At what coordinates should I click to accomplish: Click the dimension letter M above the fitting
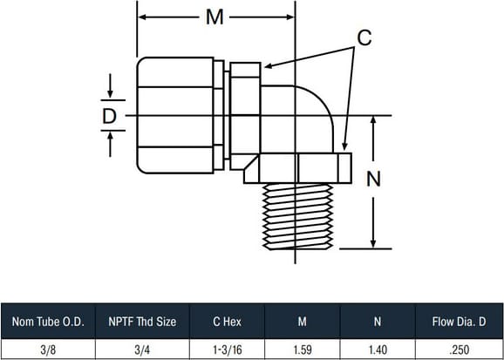[215, 17]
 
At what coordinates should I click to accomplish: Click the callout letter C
[364, 37]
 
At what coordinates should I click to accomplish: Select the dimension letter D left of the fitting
[109, 116]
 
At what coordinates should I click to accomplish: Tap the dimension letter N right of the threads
[373, 179]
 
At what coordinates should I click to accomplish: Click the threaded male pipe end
[297, 217]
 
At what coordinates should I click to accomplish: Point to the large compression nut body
[175, 115]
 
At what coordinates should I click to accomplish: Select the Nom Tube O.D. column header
[48, 323]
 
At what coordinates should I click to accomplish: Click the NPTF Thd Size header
[142, 323]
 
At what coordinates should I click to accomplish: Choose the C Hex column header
[227, 323]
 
